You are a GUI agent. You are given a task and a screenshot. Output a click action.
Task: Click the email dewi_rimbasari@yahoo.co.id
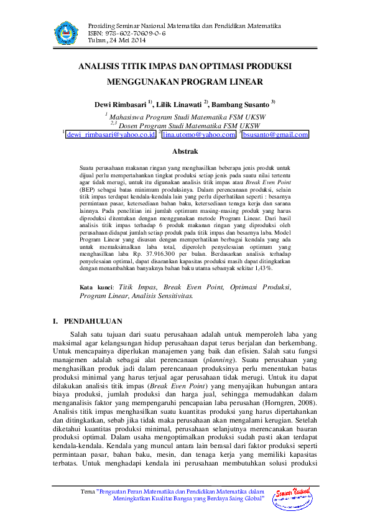(x=111, y=134)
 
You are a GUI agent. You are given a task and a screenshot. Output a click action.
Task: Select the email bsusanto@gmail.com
(x=275, y=134)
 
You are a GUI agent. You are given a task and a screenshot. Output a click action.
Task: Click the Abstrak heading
(x=185, y=151)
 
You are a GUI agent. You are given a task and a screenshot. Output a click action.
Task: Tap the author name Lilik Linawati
(x=178, y=105)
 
